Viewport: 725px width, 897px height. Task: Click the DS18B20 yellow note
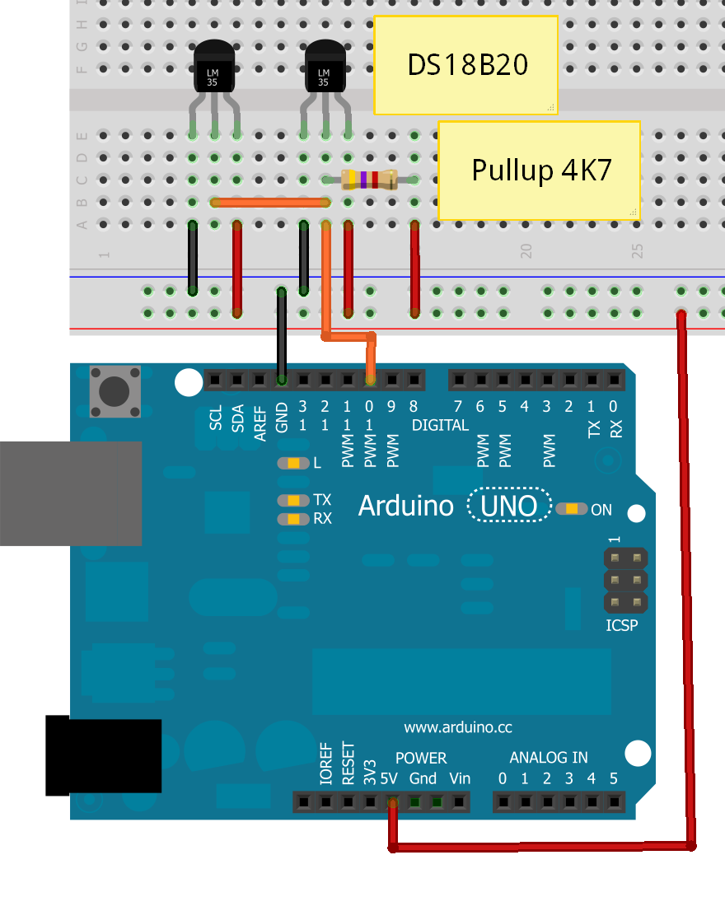[465, 64]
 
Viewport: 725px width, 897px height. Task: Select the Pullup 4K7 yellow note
[539, 171]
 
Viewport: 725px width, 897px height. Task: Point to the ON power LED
[571, 509]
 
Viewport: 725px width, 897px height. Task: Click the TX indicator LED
[293, 500]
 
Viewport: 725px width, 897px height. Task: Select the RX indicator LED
[293, 519]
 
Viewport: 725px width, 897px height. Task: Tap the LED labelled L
[293, 463]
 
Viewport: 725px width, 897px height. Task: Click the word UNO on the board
[509, 506]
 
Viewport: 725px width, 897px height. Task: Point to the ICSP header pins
[626, 580]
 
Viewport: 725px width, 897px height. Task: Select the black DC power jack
[103, 756]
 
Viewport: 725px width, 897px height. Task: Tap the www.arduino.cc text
[458, 727]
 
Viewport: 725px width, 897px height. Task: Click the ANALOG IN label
[548, 758]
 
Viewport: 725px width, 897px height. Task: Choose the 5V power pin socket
[392, 801]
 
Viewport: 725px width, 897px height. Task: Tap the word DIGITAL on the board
[441, 426]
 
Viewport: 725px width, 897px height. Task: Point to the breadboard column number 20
[526, 251]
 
